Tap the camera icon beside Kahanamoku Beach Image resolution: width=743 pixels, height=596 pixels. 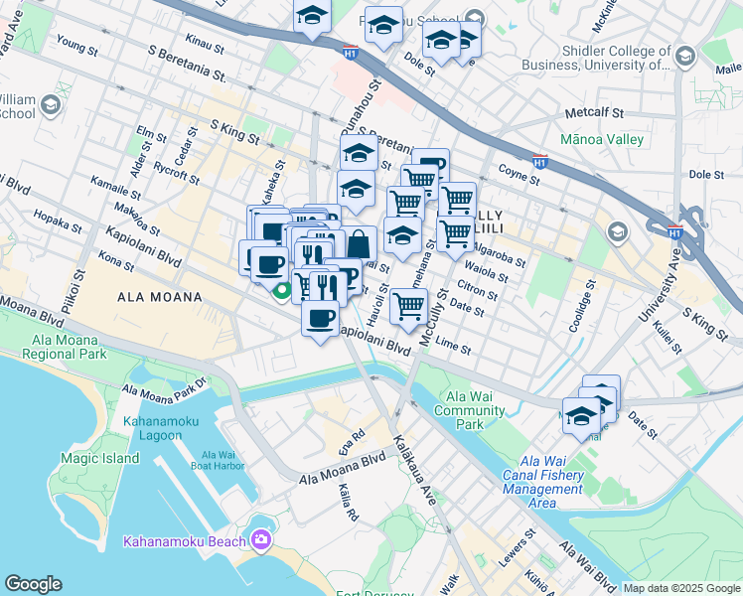click(x=261, y=540)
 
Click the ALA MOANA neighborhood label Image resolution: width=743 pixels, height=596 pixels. click(x=160, y=297)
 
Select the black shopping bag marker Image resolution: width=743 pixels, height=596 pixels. click(x=359, y=242)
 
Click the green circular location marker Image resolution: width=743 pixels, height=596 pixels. click(x=282, y=291)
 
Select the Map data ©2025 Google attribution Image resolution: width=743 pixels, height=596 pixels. click(x=681, y=588)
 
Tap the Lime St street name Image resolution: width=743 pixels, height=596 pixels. click(x=452, y=348)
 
